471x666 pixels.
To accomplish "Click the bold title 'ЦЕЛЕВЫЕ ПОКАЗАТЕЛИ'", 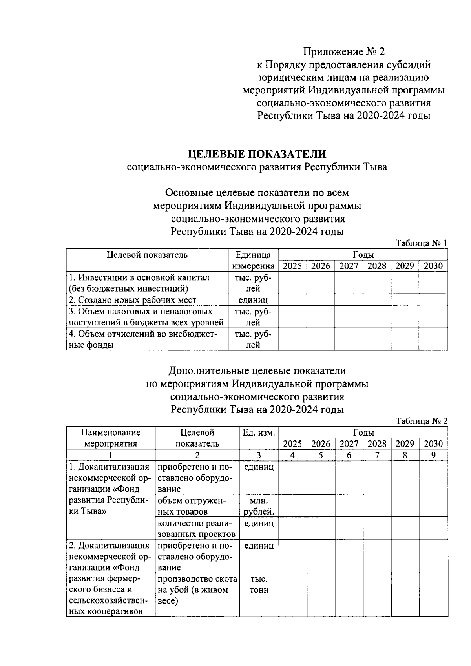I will coord(257,153).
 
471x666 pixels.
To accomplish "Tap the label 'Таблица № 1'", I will coord(421,243).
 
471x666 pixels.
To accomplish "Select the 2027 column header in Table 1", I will coord(349,266).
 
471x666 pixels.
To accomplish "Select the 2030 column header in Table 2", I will coord(433,444).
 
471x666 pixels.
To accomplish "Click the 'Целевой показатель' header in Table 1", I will coord(147,255).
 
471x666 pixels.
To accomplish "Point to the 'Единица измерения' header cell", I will coord(253,260).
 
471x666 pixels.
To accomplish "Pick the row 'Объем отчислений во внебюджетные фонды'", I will coord(143,339).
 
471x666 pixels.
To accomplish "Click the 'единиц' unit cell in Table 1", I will coord(253,300).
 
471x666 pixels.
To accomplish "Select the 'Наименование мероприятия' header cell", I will coord(111,438).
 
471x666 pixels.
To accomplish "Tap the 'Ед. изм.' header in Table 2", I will coord(259,433).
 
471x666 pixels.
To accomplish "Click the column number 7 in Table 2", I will coord(377,455).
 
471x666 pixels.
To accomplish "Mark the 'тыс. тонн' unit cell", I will coord(259,585).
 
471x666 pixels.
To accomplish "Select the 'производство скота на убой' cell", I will coord(197,590).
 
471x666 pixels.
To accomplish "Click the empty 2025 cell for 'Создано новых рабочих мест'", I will coord(292,300).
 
